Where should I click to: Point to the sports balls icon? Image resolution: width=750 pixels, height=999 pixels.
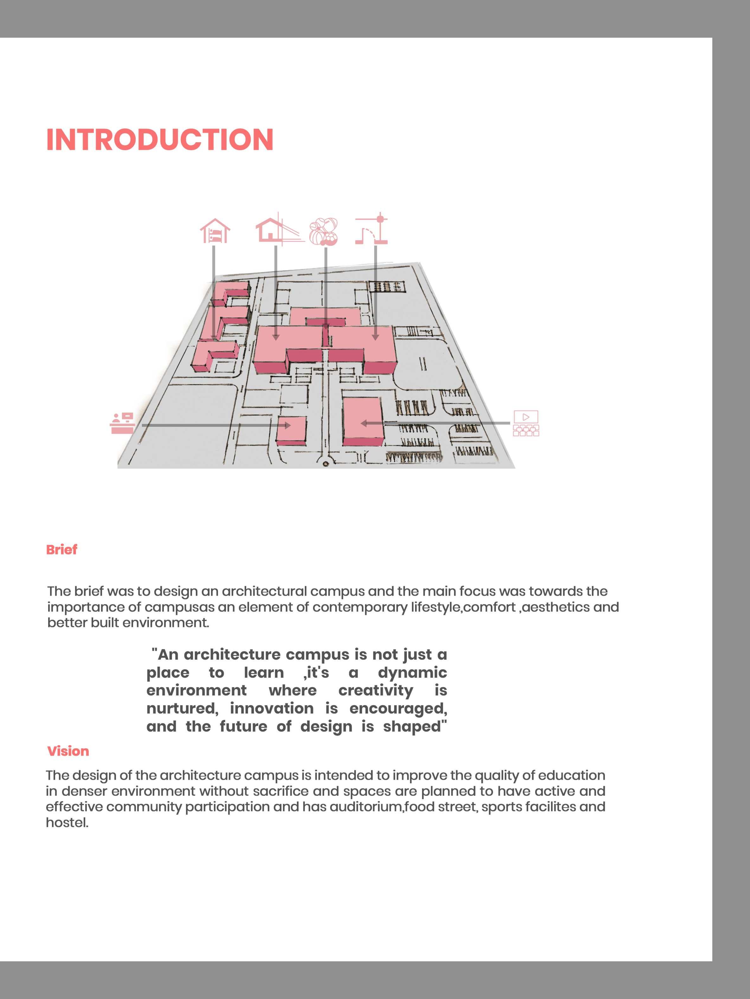324,231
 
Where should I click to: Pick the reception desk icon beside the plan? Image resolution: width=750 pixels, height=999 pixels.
122,423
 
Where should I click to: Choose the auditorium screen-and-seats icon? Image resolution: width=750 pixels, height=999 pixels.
526,423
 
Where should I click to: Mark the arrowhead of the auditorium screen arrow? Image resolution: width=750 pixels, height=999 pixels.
363,423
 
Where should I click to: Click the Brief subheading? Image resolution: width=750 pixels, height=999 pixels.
61,550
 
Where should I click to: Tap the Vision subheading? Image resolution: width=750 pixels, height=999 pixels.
68,751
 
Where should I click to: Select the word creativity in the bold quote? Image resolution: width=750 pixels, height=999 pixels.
376,690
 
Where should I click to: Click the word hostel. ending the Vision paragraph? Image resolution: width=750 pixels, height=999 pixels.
67,823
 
